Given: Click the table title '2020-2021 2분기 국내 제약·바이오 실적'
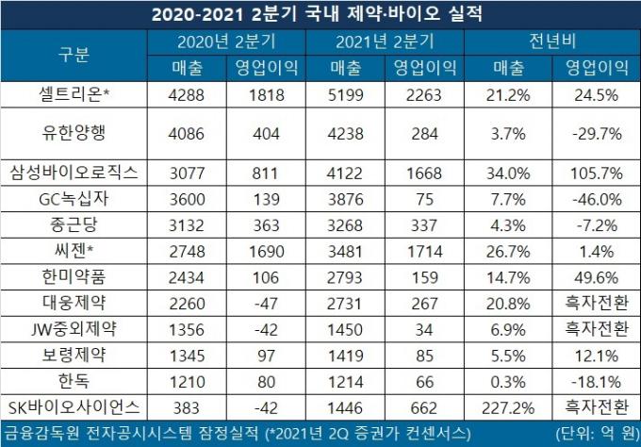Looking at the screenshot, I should click(x=320, y=15).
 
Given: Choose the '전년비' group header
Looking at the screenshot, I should click(x=555, y=42).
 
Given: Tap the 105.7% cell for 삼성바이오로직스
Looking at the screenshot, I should click(x=593, y=172).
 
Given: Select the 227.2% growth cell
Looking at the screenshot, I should click(x=517, y=407).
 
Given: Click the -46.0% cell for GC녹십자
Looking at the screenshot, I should click(x=593, y=199).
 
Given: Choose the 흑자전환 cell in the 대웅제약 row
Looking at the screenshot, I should click(x=595, y=304).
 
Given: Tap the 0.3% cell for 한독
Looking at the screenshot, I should click(x=517, y=382).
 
